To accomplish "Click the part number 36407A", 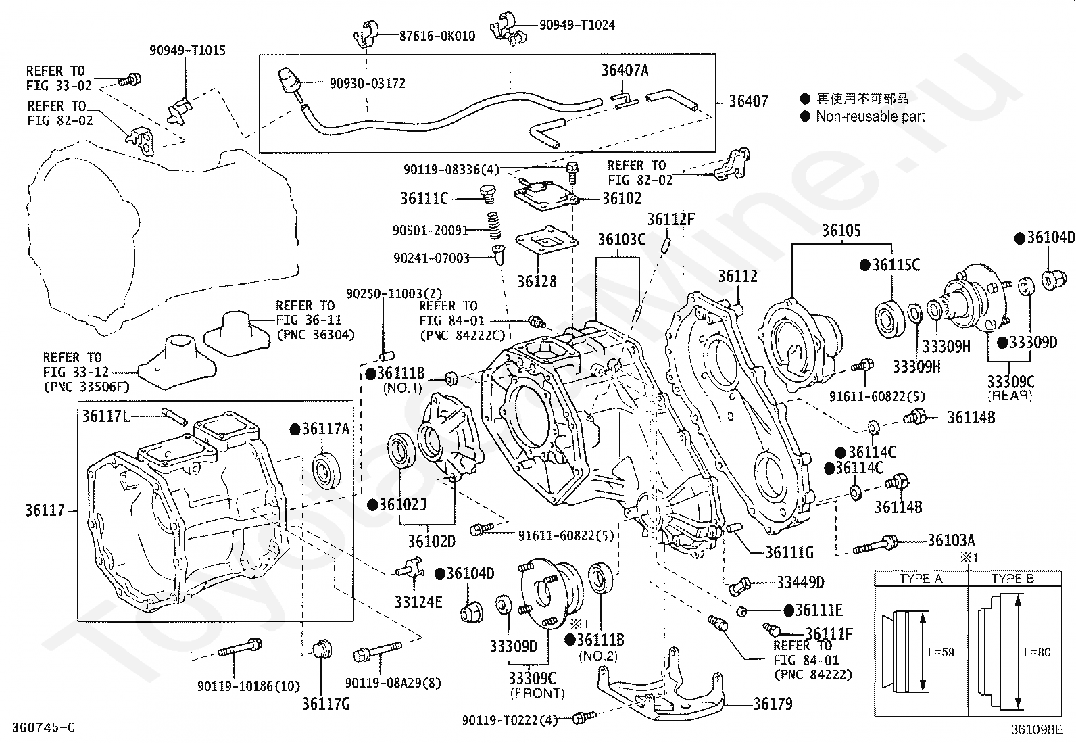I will pyautogui.click(x=625, y=70).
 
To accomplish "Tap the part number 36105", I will pyautogui.click(x=841, y=231).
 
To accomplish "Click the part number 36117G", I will pyautogui.click(x=326, y=703).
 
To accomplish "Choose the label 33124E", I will pyautogui.click(x=418, y=601).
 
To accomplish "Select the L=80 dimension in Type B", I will pyautogui.click(x=1037, y=652).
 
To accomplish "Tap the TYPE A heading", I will pyautogui.click(x=921, y=579).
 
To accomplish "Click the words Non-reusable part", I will pyautogui.click(x=871, y=116).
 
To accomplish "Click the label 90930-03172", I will pyautogui.click(x=367, y=83).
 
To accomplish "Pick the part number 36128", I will pyautogui.click(x=537, y=281).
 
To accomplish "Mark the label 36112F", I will pyautogui.click(x=670, y=219).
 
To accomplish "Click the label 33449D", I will pyautogui.click(x=800, y=582).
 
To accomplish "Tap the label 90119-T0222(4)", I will pyautogui.click(x=510, y=721).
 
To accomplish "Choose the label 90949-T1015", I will pyautogui.click(x=187, y=50).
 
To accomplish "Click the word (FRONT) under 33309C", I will pyautogui.click(x=537, y=693).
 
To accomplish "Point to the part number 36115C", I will pyautogui.click(x=896, y=264).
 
